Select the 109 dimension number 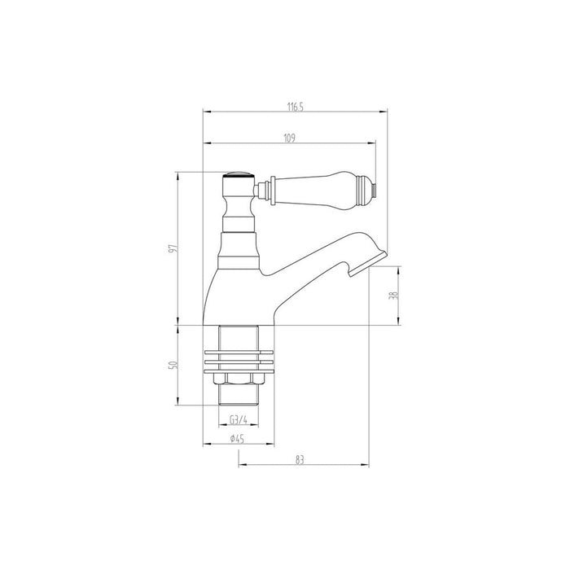coord(289,138)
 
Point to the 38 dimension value coord(394,298)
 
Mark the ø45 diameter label coord(237,439)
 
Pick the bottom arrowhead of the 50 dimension coord(178,403)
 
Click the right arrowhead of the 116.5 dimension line coord(397,112)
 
